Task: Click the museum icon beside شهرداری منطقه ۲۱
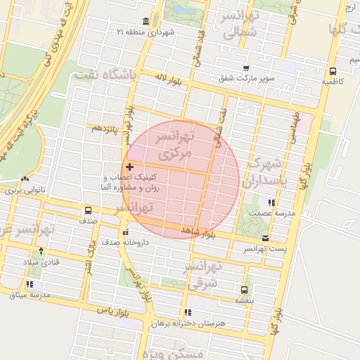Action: [x=145, y=21]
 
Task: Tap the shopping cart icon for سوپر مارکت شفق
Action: [x=245, y=67]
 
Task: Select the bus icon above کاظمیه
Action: [x=332, y=70]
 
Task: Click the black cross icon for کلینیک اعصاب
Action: [x=129, y=167]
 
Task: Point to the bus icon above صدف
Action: [x=88, y=210]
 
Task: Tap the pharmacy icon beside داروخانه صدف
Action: [x=125, y=232]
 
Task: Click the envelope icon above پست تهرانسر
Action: [x=264, y=238]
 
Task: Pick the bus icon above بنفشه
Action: [x=244, y=289]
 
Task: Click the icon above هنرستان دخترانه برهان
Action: [x=187, y=312]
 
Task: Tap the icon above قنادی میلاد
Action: [x=41, y=251]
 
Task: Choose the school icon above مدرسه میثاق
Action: [x=30, y=285]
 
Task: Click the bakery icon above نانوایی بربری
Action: [x=25, y=179]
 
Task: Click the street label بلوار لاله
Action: [x=168, y=80]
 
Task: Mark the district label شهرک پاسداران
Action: [x=264, y=173]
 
